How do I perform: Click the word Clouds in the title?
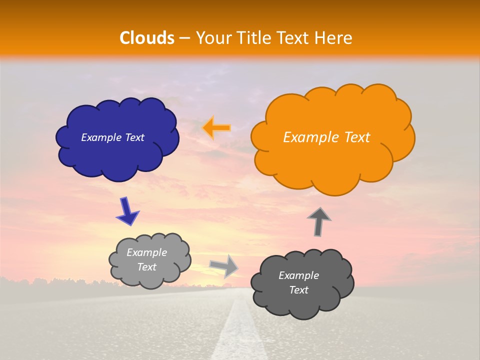coord(147,38)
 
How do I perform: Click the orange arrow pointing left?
coord(216,128)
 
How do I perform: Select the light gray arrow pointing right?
coord(224,266)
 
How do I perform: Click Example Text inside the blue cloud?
coord(112,137)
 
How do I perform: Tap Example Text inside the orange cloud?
coord(326,137)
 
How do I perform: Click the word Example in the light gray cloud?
coord(147,252)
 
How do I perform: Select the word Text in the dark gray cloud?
coord(298,290)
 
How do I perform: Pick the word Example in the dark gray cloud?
coord(298,275)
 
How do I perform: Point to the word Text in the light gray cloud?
coord(147,267)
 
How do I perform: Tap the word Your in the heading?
coord(210,38)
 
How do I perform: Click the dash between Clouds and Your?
coord(184,38)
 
